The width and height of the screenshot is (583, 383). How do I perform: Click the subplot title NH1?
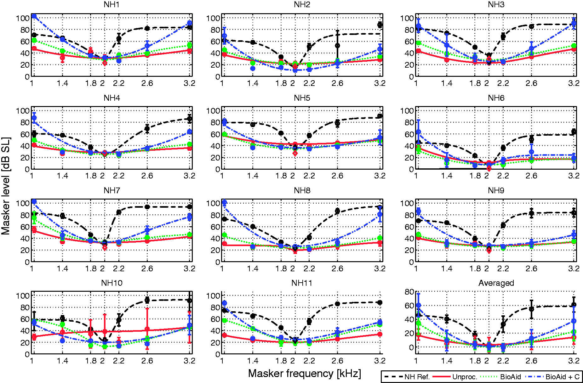[x=112, y=5]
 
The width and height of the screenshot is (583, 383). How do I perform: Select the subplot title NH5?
[x=302, y=98]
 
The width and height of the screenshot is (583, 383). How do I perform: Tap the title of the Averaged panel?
[x=496, y=283]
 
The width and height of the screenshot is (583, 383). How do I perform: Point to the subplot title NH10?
[x=112, y=283]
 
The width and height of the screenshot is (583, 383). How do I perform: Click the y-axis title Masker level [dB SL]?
[x=6, y=186]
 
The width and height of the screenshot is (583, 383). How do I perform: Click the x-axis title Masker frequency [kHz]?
[x=305, y=373]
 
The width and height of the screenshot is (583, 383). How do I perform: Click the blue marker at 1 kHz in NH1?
[x=34, y=16]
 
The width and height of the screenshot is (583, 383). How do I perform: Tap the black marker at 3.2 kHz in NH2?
[x=380, y=25]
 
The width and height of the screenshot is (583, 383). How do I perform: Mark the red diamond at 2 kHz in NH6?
[x=489, y=169]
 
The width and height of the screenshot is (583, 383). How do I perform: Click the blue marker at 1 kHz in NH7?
[x=34, y=201]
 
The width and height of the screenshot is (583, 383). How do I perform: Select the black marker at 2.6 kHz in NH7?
[x=147, y=207]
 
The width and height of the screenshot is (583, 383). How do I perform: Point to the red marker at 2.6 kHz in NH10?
[x=147, y=329]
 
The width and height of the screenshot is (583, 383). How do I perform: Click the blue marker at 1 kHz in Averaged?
[x=418, y=305]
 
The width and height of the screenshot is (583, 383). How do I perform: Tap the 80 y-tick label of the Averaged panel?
[x=409, y=292]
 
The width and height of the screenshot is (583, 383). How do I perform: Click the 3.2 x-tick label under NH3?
[x=574, y=83]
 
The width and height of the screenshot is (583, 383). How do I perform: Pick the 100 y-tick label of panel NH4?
[x=23, y=110]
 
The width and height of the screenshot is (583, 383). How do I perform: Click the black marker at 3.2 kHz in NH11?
[x=380, y=302]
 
